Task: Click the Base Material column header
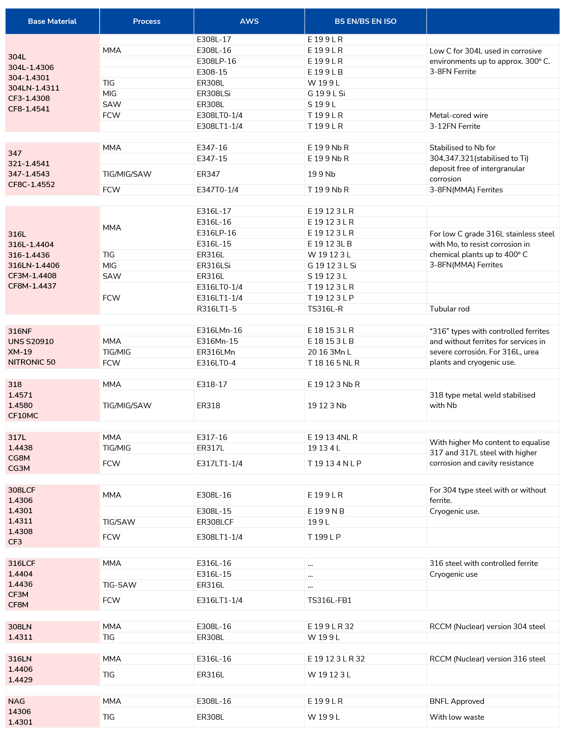[52, 21]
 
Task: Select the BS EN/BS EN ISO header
[365, 21]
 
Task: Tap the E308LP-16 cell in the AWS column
[216, 61]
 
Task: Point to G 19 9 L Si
[326, 94]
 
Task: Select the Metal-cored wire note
[459, 115]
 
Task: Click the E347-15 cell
[212, 158]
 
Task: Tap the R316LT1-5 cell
[217, 309]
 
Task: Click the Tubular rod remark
[449, 309]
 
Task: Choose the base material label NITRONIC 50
[31, 362]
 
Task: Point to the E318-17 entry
[212, 384]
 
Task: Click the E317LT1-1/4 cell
[219, 464]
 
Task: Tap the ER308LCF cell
[215, 522]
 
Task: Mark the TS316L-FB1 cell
[330, 600]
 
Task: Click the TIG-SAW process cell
[119, 585]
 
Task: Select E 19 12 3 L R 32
[336, 659]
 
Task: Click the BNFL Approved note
[457, 701]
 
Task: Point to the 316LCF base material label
[21, 563]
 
